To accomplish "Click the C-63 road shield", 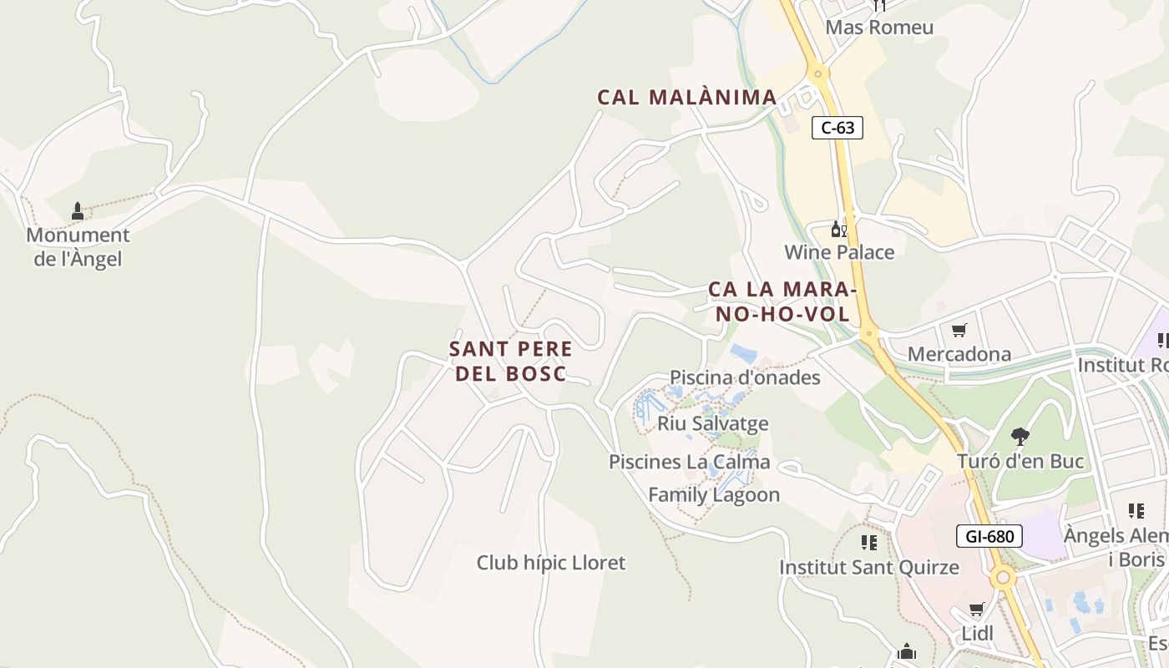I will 837,128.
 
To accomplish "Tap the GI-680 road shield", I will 989,536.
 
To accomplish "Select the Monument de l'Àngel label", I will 78,247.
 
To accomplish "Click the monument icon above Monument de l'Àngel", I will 78,211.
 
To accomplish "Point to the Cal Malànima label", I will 687,98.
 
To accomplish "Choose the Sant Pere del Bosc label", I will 511,361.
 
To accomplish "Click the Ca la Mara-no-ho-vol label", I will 782,301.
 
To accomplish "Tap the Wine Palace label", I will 839,252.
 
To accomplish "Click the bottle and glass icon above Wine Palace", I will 838,229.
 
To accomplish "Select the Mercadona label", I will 959,354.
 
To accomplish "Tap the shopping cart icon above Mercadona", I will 959,331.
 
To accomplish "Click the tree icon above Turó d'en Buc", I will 1020,436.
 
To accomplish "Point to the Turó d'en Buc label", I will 1020,461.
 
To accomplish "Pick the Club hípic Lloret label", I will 550,563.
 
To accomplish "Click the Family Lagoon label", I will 714,494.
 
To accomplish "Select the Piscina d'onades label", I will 745,377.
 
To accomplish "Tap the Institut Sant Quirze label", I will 869,568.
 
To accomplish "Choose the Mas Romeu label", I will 879,28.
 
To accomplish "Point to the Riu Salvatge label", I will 712,423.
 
